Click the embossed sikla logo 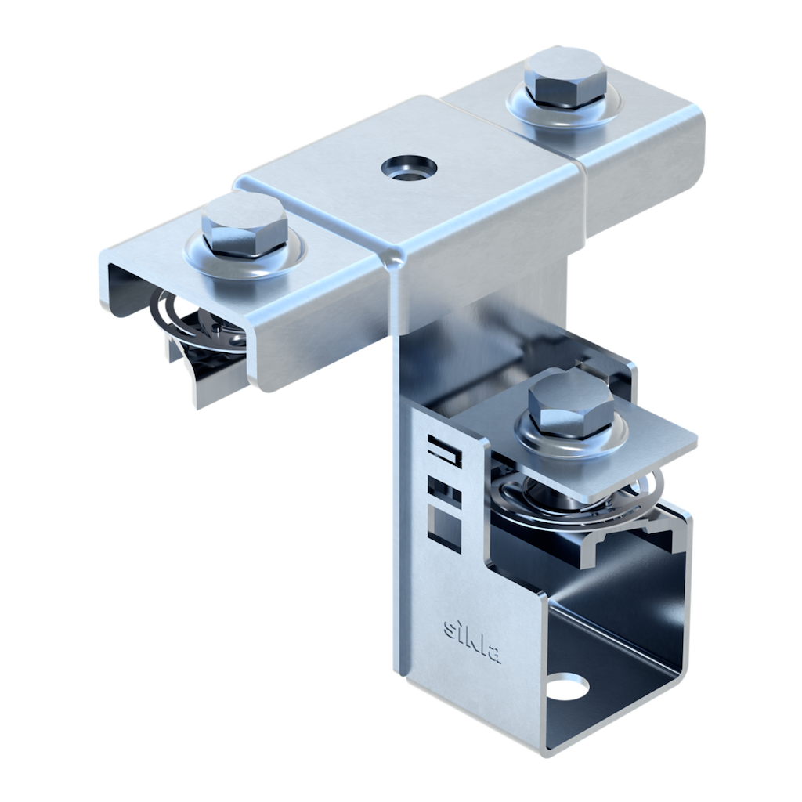click(x=472, y=641)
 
